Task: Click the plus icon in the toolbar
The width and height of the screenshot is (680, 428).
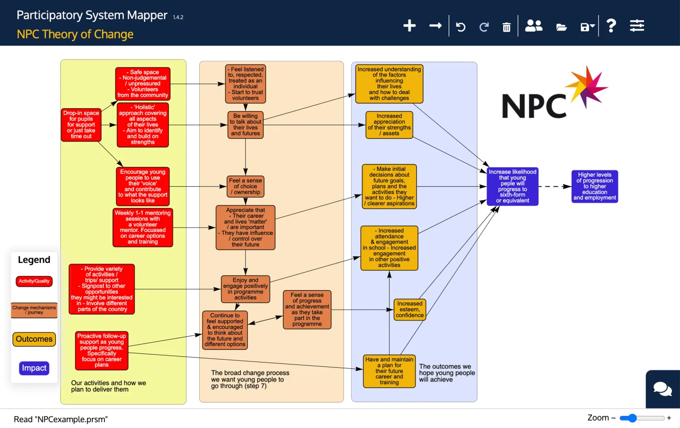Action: coord(409,26)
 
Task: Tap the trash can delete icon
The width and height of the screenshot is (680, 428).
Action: coord(506,27)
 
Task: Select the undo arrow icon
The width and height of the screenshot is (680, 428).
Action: coord(460,27)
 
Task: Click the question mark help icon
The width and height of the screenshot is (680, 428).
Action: coord(611,26)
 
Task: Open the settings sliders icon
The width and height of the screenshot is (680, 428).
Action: coord(637,26)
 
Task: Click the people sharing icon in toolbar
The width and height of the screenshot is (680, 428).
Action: coord(533,26)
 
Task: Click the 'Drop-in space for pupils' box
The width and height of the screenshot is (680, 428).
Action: coord(81,125)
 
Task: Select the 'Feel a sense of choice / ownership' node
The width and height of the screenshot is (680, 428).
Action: coord(245,186)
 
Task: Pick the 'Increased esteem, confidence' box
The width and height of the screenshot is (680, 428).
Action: coord(409,310)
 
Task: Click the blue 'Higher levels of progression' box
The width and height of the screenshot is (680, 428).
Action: coord(595,186)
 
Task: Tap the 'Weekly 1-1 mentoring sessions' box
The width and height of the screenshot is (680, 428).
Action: coord(143,227)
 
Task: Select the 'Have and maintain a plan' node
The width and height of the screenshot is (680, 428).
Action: coord(389,371)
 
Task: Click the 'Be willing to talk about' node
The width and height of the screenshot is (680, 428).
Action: coord(245,125)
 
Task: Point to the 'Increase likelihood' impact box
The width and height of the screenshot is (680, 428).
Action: coord(512,186)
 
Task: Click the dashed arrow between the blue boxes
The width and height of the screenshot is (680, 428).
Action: coord(555,186)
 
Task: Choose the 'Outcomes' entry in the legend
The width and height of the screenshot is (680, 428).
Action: coord(34,339)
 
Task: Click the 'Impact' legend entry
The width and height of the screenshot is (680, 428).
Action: coord(34,368)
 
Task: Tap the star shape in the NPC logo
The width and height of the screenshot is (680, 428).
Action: coord(588,87)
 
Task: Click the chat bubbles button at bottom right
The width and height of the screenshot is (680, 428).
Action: coord(663,389)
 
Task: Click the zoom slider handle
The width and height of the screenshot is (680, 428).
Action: coord(631,418)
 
